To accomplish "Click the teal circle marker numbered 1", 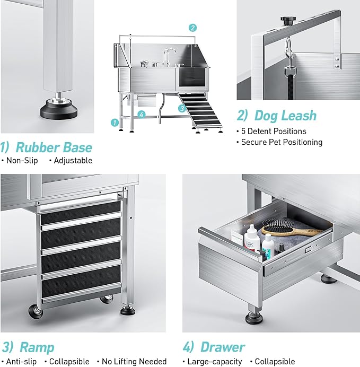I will tap(114, 122).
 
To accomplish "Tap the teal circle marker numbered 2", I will tap(192, 28).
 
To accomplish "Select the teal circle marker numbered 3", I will tap(181, 108).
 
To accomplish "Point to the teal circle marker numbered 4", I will tap(141, 114).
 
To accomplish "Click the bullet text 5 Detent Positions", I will tap(274, 131).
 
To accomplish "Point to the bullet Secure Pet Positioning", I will tap(282, 142).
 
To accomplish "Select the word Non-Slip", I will tap(22, 160).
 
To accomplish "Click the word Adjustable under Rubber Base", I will tap(73, 160).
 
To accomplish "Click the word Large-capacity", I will tap(215, 362).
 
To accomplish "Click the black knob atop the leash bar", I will tap(287, 20).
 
